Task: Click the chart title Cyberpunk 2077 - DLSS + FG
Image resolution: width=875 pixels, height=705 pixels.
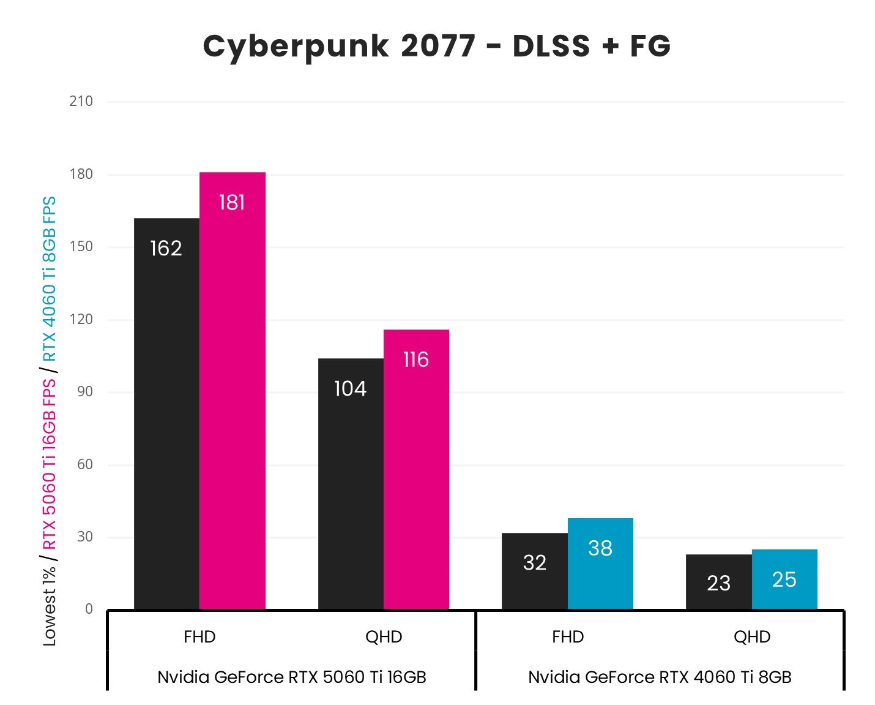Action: (437, 47)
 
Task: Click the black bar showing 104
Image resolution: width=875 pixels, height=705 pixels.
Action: (351, 484)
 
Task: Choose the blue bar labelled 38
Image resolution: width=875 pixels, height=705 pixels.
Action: (600, 564)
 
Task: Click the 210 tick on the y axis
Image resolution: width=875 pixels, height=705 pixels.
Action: (81, 101)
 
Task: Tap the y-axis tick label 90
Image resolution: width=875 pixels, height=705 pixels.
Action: (85, 391)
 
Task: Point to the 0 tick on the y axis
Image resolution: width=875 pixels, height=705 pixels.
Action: (89, 609)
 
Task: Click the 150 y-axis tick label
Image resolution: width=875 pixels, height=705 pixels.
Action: (81, 246)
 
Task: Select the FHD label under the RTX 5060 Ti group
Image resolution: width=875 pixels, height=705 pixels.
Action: (199, 637)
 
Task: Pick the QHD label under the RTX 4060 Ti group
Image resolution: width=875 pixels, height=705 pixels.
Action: (752, 637)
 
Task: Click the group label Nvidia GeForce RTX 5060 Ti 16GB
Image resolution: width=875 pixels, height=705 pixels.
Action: (291, 677)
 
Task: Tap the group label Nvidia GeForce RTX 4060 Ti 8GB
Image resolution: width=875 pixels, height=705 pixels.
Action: (660, 677)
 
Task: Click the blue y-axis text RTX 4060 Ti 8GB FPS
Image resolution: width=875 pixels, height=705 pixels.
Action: (49, 279)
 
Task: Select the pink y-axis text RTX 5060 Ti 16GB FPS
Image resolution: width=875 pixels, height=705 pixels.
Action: (49, 464)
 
